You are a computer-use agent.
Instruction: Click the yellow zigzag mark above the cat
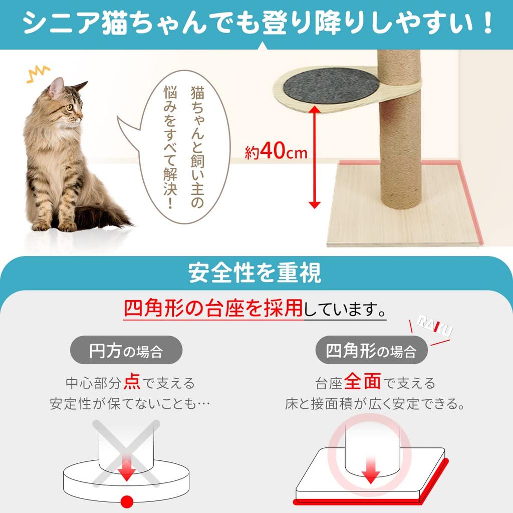coord(38,74)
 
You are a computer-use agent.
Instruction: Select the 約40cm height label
coord(276,152)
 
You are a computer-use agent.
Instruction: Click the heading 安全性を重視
coord(255,274)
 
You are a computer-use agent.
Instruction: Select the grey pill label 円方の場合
coord(126,350)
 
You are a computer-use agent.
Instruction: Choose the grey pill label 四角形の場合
coord(371,350)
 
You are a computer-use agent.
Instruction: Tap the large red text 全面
coord(363,382)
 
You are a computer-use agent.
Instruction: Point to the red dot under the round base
coord(127,499)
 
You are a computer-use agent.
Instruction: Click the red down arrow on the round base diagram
coord(127,470)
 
